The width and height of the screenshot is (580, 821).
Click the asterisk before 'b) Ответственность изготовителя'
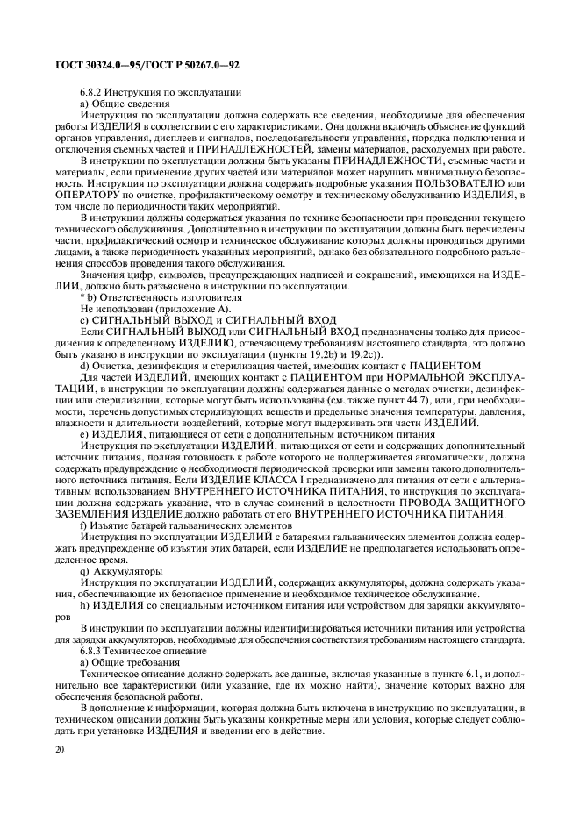point(82,298)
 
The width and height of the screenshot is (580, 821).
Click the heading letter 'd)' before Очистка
point(84,363)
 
